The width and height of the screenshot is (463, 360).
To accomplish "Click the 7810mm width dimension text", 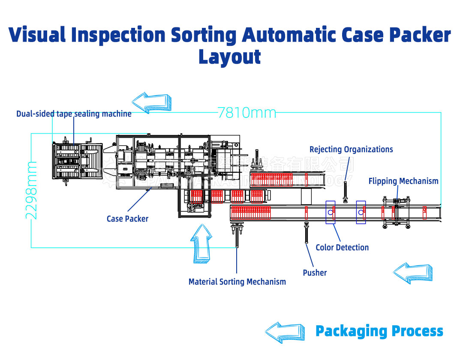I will pos(247,113).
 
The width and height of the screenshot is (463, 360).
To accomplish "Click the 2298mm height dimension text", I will pos(31,190).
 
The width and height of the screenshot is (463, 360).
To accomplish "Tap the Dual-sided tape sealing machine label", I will pos(74,114).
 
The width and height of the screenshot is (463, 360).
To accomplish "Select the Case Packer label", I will pos(127,219).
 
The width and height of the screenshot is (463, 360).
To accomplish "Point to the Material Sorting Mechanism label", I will pos(237,282).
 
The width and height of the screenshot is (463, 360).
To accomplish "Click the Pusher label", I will pos(315,273).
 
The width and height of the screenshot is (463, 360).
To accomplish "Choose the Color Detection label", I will pos(342,248).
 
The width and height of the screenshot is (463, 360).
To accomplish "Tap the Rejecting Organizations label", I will pos(351,150).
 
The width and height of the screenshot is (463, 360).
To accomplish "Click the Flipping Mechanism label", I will pos(403,181).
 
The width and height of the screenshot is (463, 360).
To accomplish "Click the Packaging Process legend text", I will pos(379,331).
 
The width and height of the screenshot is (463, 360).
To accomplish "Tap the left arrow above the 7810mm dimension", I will pos(153,102).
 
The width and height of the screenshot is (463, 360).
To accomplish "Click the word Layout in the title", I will pos(229,57).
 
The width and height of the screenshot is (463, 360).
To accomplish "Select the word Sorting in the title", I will pos(204,35).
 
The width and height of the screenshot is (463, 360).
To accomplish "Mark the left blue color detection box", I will pos(331,212).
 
